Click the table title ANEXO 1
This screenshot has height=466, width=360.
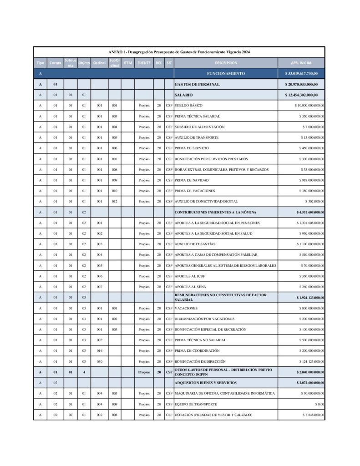pos(179,52)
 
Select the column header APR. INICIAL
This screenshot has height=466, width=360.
pos(301,63)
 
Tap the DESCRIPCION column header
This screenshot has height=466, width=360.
pos(226,63)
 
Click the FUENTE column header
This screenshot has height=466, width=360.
pos(144,63)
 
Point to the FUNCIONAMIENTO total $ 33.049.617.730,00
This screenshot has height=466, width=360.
pos(301,73)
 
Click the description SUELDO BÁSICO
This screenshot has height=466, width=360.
pos(189,106)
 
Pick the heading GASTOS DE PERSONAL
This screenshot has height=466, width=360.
pos(197,84)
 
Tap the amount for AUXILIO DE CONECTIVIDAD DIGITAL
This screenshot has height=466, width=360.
pos(314,201)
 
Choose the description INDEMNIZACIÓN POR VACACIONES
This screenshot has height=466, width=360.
pos(205,319)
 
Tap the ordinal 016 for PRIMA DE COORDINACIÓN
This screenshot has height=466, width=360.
pos(99,351)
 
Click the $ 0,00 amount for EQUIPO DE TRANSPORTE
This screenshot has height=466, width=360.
pos(319,404)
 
